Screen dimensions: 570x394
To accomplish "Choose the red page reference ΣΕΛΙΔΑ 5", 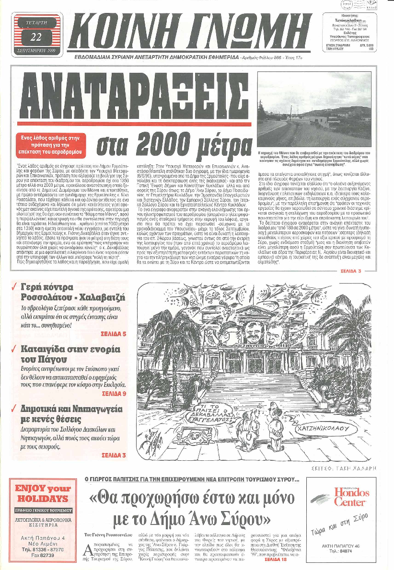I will click(114, 333).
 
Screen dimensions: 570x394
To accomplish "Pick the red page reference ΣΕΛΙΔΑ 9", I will click(114, 393).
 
